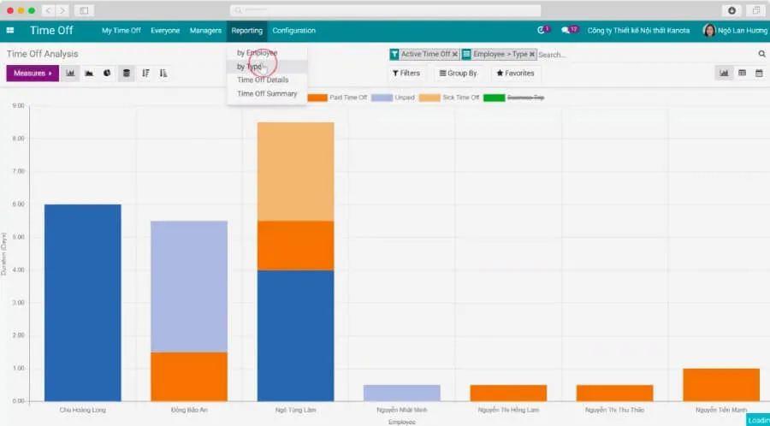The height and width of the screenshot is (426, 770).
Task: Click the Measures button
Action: [x=33, y=74]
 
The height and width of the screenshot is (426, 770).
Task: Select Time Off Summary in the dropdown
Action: [x=267, y=94]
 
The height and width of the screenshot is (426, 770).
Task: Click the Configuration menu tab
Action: [x=293, y=31]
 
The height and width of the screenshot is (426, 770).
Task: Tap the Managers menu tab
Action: [x=205, y=31]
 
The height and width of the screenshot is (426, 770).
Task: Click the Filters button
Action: [x=406, y=74]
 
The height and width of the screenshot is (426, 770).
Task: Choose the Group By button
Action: [x=458, y=74]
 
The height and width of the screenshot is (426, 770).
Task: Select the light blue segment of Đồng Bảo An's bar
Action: [x=188, y=286]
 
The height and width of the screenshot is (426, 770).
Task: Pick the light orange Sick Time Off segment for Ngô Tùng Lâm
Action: [x=295, y=171]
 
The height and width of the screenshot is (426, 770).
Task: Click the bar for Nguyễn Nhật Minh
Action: [x=401, y=393]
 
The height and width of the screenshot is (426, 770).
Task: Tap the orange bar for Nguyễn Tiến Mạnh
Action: [x=720, y=384]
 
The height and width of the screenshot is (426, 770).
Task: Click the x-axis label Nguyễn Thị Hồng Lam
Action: [x=508, y=411]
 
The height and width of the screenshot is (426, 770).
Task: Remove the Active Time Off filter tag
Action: [x=454, y=54]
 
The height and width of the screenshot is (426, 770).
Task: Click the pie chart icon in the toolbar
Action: [x=107, y=74]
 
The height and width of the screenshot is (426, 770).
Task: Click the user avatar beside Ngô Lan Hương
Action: [x=708, y=31]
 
